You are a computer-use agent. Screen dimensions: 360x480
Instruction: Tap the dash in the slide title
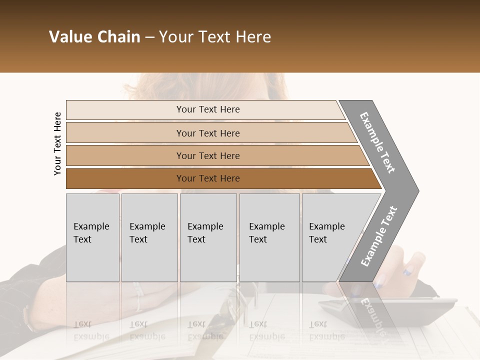(x=149, y=37)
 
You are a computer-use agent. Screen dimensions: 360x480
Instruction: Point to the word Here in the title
(x=253, y=37)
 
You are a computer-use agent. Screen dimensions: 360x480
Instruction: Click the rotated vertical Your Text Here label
(x=57, y=143)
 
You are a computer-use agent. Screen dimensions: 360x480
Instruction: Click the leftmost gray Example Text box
(x=92, y=237)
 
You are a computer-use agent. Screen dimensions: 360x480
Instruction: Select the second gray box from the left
(x=149, y=237)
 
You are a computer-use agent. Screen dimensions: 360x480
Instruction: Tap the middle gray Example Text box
(x=208, y=237)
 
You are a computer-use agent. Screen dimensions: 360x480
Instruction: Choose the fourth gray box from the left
(x=269, y=237)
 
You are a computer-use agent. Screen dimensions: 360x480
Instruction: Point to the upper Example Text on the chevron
(x=377, y=142)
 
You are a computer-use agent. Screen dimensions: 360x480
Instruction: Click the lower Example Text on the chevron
(x=379, y=236)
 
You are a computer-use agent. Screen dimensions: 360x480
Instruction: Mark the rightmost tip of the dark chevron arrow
(x=418, y=190)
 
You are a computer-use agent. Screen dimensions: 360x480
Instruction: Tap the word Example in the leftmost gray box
(x=91, y=226)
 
